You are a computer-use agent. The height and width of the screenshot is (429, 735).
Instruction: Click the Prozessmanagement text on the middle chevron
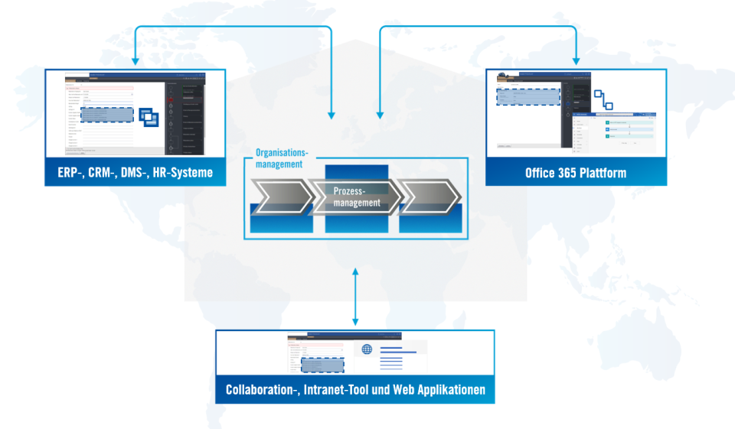357,197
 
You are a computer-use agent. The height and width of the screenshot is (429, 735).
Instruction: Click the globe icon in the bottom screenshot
367,349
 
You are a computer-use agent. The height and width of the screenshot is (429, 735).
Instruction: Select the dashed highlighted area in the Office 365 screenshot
528,97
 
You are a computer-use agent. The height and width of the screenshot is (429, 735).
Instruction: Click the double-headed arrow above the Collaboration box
355,297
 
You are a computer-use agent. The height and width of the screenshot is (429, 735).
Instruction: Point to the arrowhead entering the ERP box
136,60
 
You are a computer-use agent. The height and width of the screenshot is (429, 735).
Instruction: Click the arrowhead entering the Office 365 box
576,60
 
